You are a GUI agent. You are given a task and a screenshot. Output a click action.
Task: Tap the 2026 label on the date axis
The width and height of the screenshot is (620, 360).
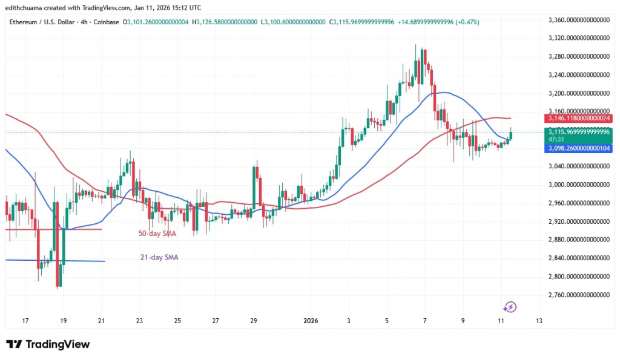[x=310, y=320]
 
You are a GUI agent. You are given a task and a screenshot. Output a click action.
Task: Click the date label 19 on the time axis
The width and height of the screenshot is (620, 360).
[x=64, y=320]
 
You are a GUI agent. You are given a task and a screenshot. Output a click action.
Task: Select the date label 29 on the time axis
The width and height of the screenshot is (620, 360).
[x=254, y=320]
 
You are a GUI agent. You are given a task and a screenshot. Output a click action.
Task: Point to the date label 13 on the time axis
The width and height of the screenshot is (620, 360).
[x=539, y=320]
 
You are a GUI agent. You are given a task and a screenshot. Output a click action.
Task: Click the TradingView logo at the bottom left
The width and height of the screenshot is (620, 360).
[x=48, y=344]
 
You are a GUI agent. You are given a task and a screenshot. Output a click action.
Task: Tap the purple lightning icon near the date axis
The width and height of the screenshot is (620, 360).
[x=510, y=307]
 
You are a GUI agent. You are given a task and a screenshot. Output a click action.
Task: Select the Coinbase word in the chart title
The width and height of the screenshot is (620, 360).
[x=107, y=22]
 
